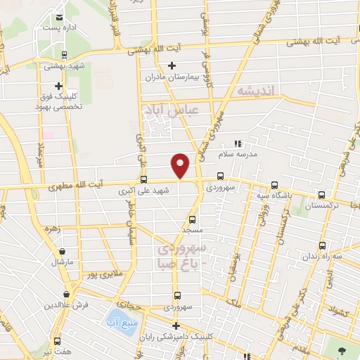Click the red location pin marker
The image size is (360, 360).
pyautogui.click(x=181, y=165)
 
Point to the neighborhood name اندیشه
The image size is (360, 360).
pyautogui.click(x=258, y=91)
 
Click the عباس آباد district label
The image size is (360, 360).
pyautogui.click(x=172, y=111)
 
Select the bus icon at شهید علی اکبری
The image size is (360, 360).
pyautogui.click(x=143, y=179)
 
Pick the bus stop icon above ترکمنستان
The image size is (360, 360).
pyautogui.click(x=322, y=195)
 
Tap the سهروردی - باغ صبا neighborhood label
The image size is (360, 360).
pyautogui.click(x=182, y=257)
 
